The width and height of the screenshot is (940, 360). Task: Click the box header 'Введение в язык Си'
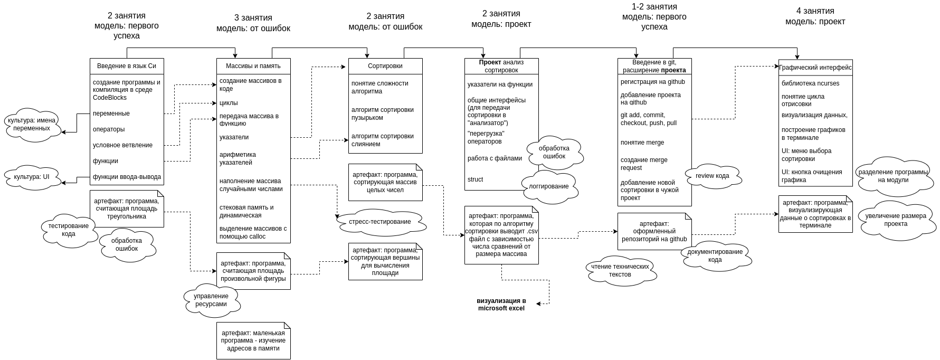point(127,66)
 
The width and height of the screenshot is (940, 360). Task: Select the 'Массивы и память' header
point(253,66)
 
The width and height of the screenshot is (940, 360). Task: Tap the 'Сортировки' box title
point(385,66)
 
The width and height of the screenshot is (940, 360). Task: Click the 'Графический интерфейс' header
point(815,68)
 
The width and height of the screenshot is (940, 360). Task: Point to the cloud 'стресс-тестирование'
point(380,222)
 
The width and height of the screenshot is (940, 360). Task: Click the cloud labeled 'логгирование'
point(549,186)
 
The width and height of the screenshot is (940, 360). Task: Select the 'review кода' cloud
point(713,176)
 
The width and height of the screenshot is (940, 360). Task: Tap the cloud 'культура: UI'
point(32,177)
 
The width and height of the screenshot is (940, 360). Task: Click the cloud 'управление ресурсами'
point(211,300)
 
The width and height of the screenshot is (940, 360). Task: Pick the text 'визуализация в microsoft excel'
point(501,305)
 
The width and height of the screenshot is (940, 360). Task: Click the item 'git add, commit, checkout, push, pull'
point(649,119)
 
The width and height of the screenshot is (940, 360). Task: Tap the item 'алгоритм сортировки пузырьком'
point(383,113)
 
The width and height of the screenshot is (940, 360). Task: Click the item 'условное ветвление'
point(122,145)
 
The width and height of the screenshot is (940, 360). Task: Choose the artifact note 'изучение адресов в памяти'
point(253,340)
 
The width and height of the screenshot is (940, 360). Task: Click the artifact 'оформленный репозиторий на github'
point(654,231)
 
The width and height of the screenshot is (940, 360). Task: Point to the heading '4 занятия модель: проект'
point(815,16)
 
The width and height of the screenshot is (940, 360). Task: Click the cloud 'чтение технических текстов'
point(620,270)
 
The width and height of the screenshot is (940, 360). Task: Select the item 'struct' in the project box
point(475,179)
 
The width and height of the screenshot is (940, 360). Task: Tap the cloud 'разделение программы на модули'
point(893,176)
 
